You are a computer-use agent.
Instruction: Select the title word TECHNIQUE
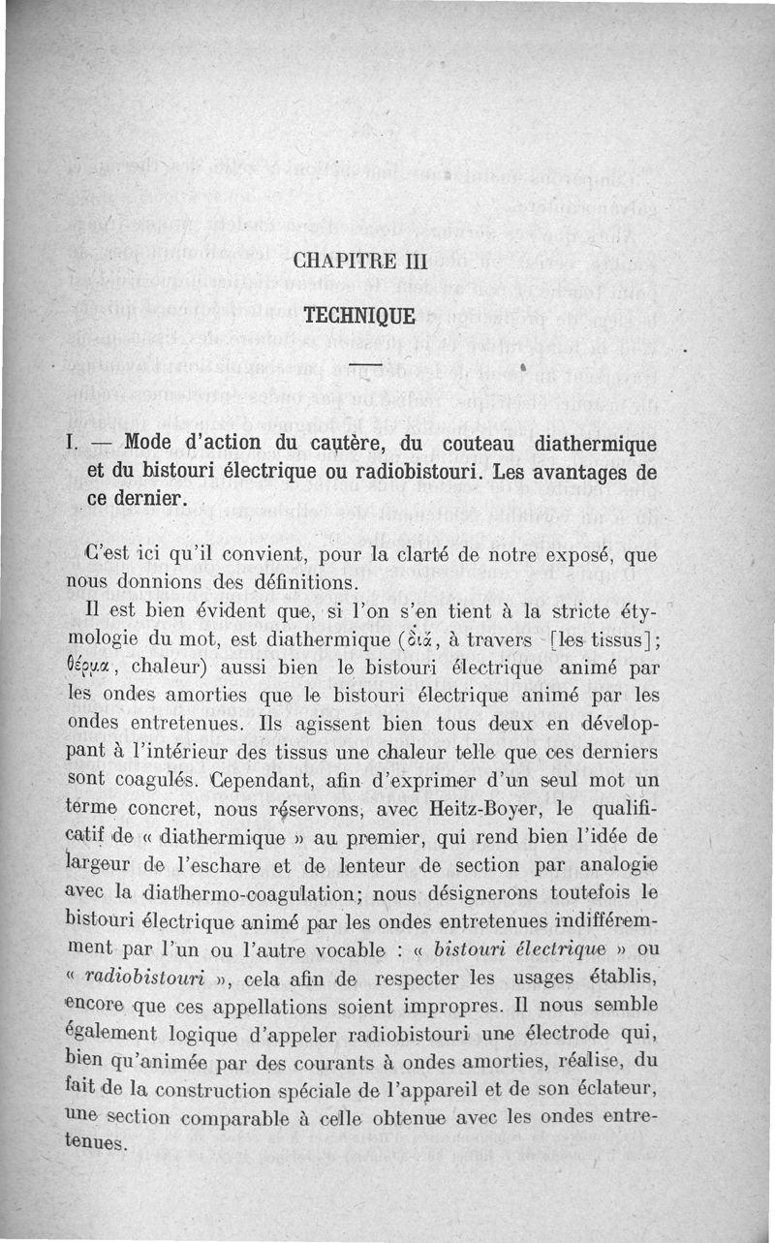click(x=359, y=316)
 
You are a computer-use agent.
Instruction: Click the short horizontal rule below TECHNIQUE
click(x=360, y=364)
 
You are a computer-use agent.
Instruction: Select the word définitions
click(x=300, y=583)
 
